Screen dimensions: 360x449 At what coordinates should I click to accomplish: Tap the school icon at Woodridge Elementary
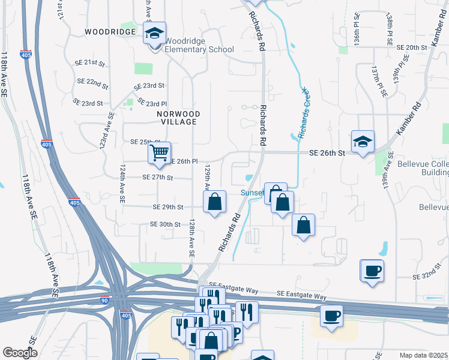tap(155, 34)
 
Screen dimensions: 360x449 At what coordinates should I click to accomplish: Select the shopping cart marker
tap(159, 153)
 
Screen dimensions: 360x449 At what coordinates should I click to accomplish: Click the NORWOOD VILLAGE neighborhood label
tap(177, 117)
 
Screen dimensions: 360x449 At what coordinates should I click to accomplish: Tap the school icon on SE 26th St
tap(363, 142)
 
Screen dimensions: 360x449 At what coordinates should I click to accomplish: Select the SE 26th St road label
tap(327, 153)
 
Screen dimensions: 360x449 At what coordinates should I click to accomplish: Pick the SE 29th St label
tap(167, 207)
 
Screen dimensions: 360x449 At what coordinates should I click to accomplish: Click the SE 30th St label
tap(165, 224)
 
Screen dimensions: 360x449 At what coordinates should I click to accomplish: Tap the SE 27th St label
tap(158, 178)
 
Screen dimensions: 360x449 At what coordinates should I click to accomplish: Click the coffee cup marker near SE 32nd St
tap(372, 271)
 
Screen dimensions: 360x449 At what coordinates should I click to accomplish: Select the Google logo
tap(20, 353)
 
